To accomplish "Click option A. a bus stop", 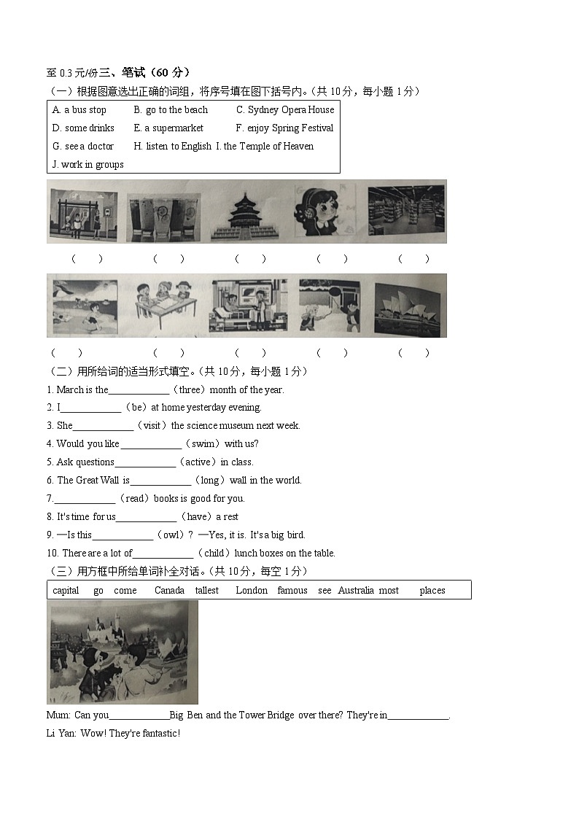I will (x=79, y=110).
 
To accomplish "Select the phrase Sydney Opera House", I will (x=290, y=110).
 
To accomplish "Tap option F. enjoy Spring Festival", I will (x=284, y=128).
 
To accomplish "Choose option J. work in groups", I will (x=88, y=165).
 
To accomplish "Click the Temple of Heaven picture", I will (x=244, y=212).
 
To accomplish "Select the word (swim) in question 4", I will (x=203, y=444).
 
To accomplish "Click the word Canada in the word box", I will (x=169, y=591).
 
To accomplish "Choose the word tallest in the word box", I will (x=206, y=591).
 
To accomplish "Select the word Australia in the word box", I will (x=356, y=591).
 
